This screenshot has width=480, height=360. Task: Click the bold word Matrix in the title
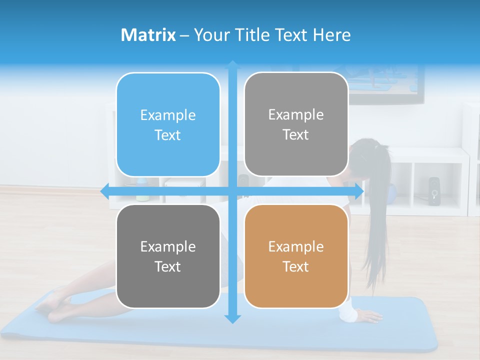(x=148, y=35)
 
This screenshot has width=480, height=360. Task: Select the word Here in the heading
(x=331, y=35)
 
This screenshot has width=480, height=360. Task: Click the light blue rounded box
(x=168, y=124)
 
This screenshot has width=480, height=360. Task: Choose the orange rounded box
(x=296, y=256)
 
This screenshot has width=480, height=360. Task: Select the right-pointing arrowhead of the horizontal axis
(x=359, y=191)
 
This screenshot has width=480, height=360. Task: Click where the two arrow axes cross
(x=232, y=191)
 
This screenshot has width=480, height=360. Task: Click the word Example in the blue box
(x=168, y=115)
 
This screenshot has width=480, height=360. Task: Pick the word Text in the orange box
(x=296, y=266)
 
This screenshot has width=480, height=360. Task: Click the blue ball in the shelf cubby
(x=392, y=191)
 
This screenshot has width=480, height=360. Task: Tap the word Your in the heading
(x=208, y=35)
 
